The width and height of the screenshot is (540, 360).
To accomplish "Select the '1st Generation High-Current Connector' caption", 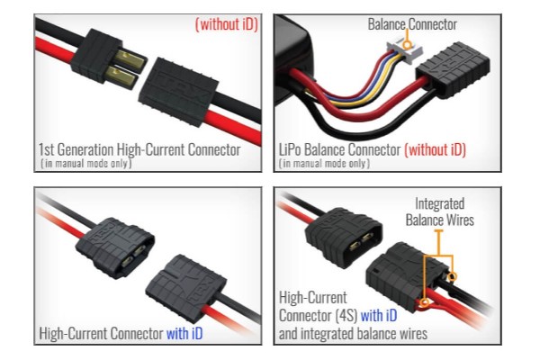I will (x=139, y=148).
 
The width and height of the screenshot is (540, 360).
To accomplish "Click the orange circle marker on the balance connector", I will (x=409, y=43).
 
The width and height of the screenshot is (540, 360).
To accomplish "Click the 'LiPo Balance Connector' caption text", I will (x=340, y=149).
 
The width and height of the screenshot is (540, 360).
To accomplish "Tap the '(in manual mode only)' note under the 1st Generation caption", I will (x=86, y=163).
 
